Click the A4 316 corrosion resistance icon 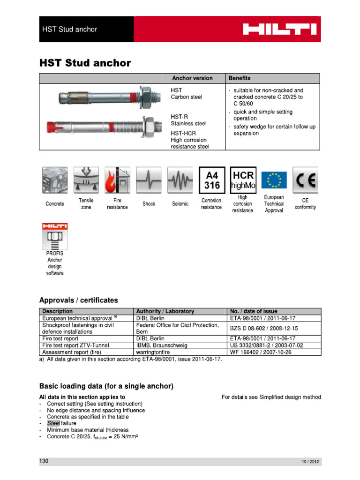coord(211,180)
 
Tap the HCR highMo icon coord(243,180)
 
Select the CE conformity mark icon coord(305,180)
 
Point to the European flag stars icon coord(274,180)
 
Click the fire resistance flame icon coord(117,180)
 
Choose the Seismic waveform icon coord(180,180)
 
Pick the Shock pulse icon coord(149,180)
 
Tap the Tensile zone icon coord(86,180)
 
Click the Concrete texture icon coord(55,180)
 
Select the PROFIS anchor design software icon coord(55,236)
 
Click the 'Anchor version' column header coord(192,78)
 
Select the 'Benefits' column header coord(239,78)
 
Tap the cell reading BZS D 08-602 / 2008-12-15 coord(264,328)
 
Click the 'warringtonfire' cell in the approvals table coord(155,352)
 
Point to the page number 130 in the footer coord(44,461)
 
